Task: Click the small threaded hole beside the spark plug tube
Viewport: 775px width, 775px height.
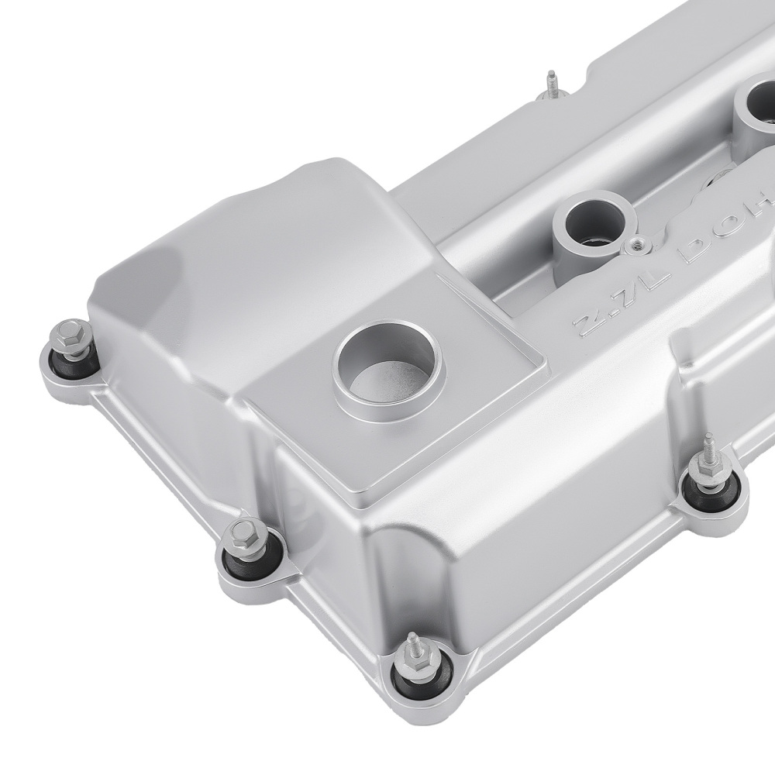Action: click(x=638, y=246)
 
